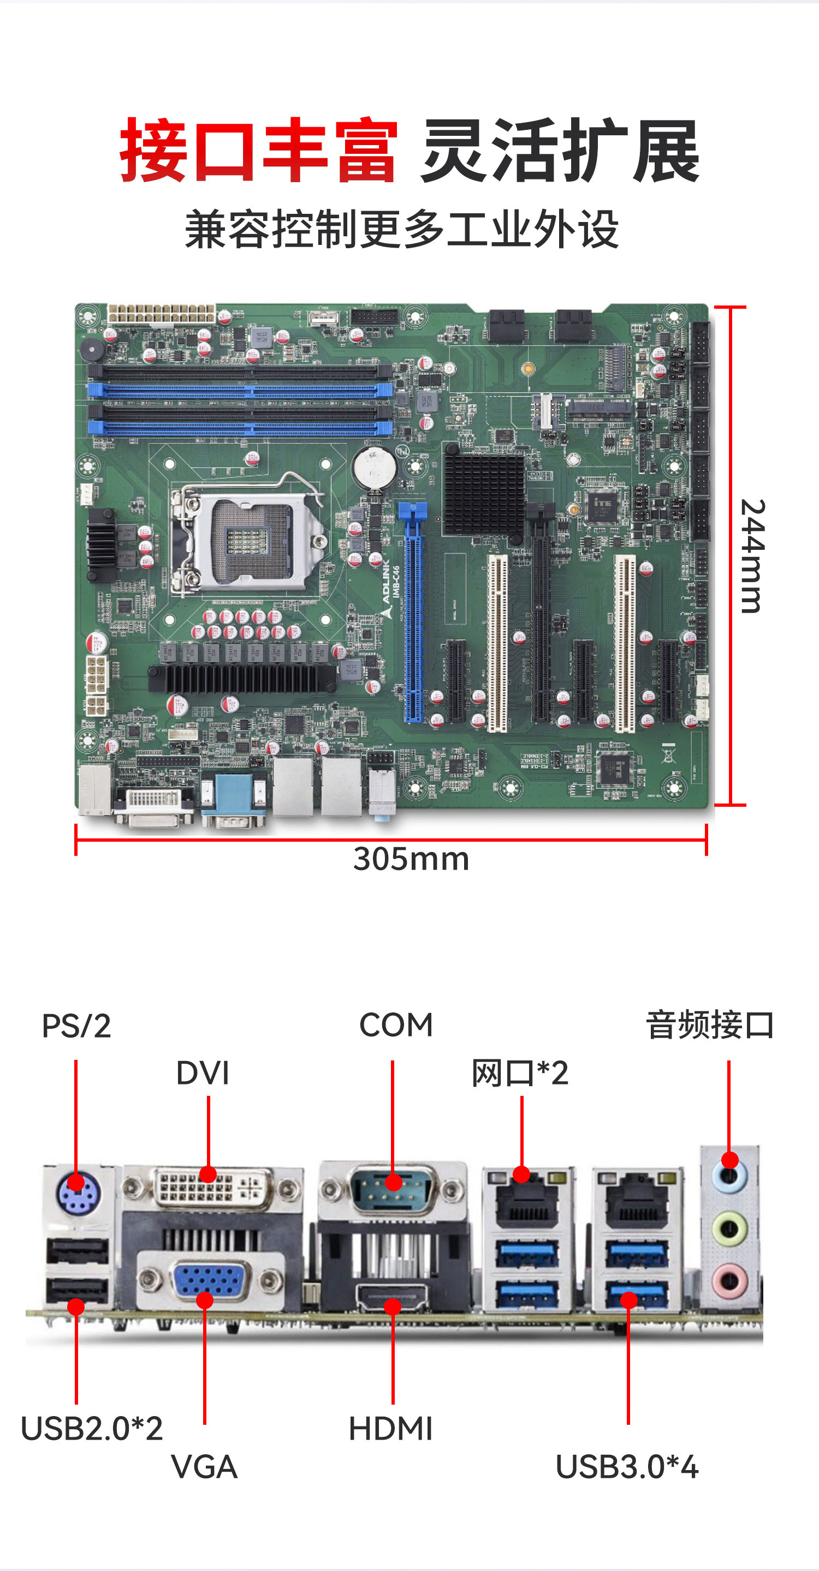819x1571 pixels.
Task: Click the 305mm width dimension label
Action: click(411, 859)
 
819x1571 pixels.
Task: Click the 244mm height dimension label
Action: click(752, 556)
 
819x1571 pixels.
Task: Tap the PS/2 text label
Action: click(76, 1026)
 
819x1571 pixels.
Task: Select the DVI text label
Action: click(203, 1074)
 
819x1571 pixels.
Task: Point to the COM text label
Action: click(396, 1024)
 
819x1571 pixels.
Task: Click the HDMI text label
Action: click(390, 1429)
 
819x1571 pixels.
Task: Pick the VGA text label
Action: click(204, 1467)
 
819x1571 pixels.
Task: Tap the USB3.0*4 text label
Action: click(627, 1467)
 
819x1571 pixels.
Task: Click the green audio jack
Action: click(730, 1230)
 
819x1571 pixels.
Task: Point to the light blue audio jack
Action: click(730, 1177)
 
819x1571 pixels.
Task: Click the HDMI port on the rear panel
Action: click(392, 1297)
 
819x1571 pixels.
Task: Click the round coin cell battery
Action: click(375, 469)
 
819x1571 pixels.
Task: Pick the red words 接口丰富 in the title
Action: click(259, 150)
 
